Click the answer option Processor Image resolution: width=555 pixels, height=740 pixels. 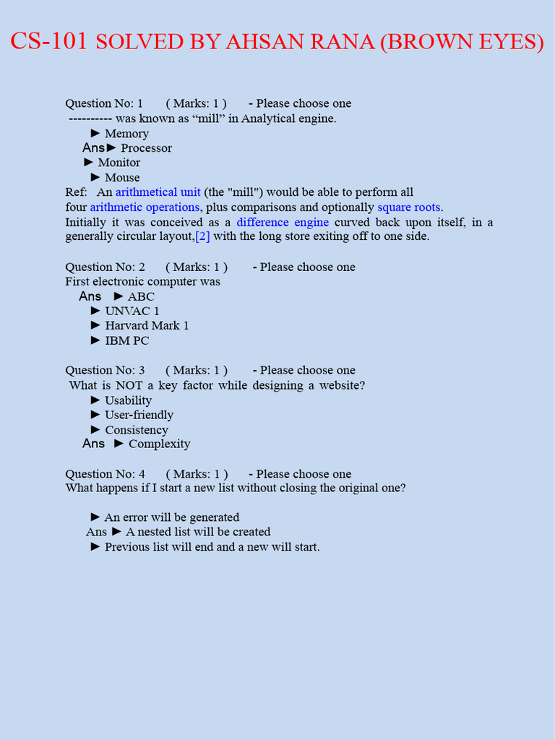(x=146, y=148)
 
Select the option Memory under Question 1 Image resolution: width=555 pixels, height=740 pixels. (x=126, y=134)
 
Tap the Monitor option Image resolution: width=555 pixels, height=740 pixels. (x=119, y=163)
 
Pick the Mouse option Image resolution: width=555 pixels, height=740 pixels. (x=122, y=178)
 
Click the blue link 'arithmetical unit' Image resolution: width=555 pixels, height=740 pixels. (x=158, y=192)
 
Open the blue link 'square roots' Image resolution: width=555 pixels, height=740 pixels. (x=409, y=207)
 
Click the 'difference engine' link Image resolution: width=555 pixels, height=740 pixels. (x=283, y=223)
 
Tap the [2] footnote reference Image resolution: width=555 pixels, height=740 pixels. (x=202, y=236)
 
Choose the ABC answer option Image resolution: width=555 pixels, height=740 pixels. (x=141, y=296)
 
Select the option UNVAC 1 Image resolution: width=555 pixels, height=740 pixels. (x=132, y=311)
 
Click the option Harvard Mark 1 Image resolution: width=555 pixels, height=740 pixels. (x=147, y=326)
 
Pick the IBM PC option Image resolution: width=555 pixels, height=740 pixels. (x=127, y=340)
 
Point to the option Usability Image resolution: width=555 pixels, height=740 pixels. (x=128, y=400)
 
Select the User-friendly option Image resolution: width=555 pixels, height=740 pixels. (x=139, y=415)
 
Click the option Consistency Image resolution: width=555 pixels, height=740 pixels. (x=137, y=430)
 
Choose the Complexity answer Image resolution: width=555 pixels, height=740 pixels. (x=159, y=444)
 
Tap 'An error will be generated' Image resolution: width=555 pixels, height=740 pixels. (x=171, y=517)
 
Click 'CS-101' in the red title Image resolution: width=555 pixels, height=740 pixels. (x=48, y=42)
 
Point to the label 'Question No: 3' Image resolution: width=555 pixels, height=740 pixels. (x=105, y=370)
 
